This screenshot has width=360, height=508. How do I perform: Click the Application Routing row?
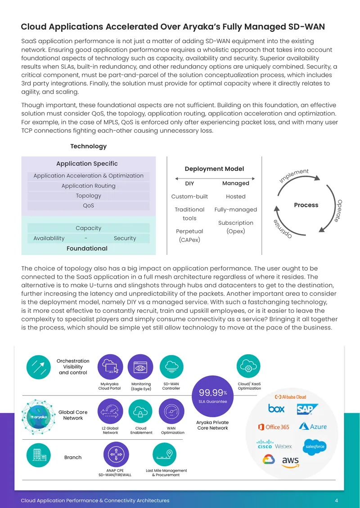tap(88, 186)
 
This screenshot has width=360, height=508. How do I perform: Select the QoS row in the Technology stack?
tap(88, 206)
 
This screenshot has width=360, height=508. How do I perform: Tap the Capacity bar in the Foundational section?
tap(88, 228)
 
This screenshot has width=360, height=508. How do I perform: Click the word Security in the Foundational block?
tap(125, 238)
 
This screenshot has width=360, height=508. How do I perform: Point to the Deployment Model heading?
tap(214, 169)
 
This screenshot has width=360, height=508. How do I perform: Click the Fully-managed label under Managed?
tap(236, 209)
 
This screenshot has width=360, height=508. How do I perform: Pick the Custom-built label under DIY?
tap(189, 196)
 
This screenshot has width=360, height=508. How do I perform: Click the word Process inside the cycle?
tap(306, 205)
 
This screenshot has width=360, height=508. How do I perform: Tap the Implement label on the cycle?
tap(294, 176)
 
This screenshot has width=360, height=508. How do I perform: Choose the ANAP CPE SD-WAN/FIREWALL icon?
tap(116, 455)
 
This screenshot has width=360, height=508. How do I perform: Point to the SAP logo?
tap(307, 409)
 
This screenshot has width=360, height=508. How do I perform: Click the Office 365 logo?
tap(274, 427)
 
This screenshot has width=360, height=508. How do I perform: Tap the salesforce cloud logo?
tap(315, 447)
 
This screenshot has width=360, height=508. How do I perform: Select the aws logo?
tap(290, 462)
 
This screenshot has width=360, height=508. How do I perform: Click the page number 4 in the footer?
tap(336, 500)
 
